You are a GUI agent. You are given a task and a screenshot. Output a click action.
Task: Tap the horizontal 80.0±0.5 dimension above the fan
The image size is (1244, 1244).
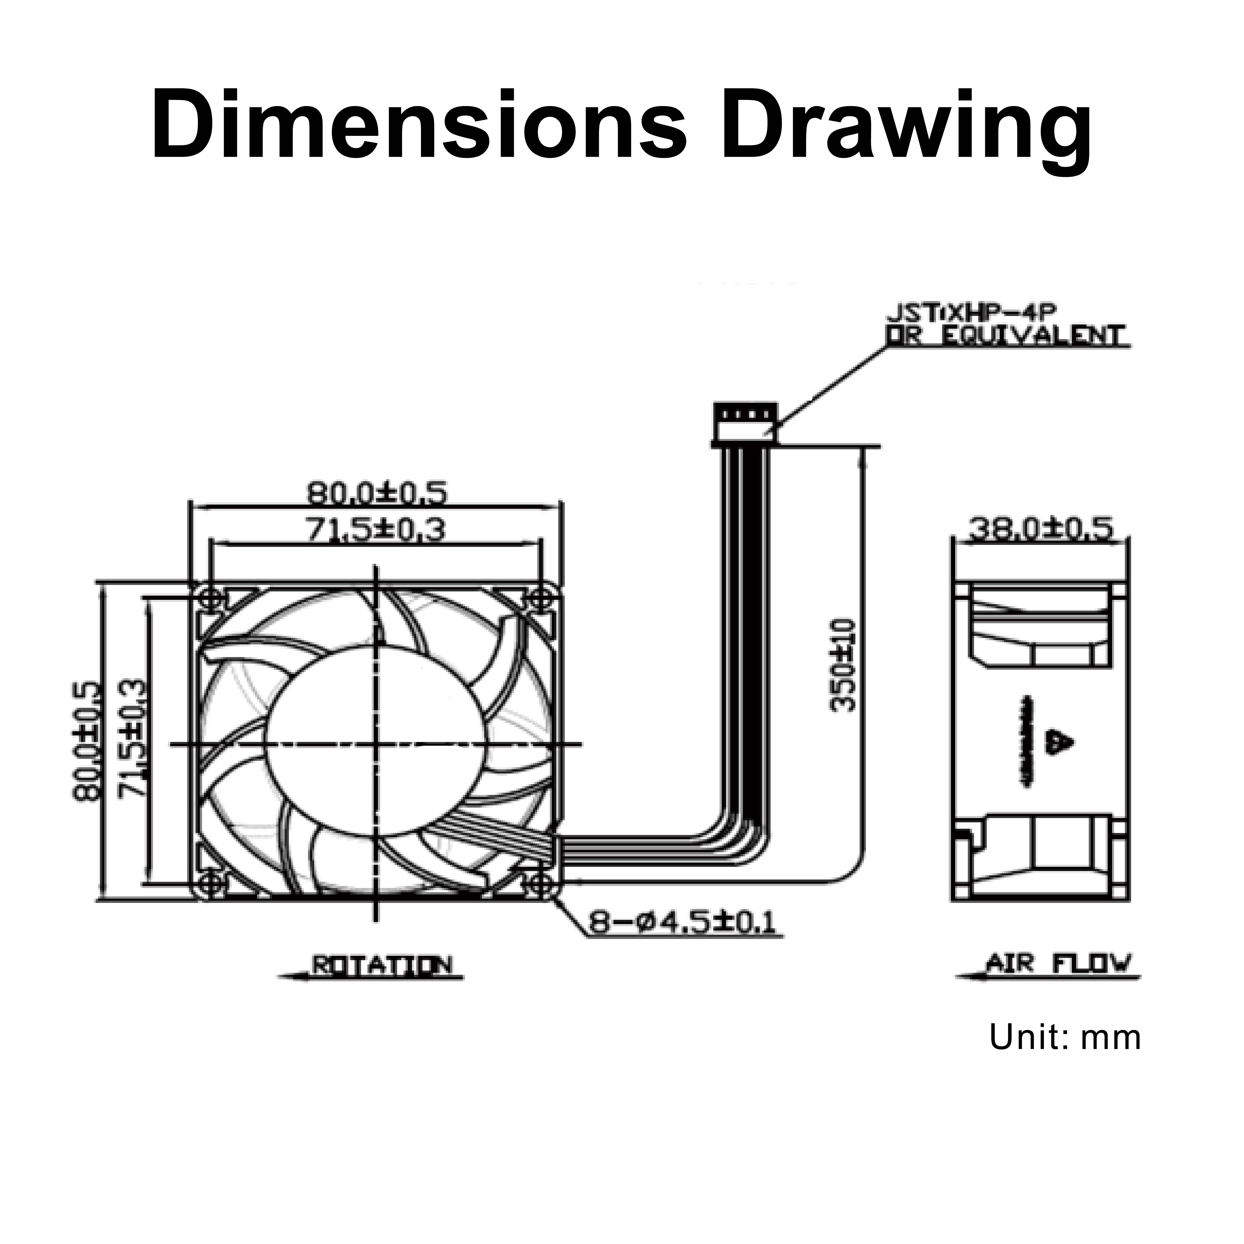375,493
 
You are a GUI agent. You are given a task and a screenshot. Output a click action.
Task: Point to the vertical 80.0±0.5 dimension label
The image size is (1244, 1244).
87,740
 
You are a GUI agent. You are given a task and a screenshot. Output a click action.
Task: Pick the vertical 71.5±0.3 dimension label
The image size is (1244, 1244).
132,740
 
